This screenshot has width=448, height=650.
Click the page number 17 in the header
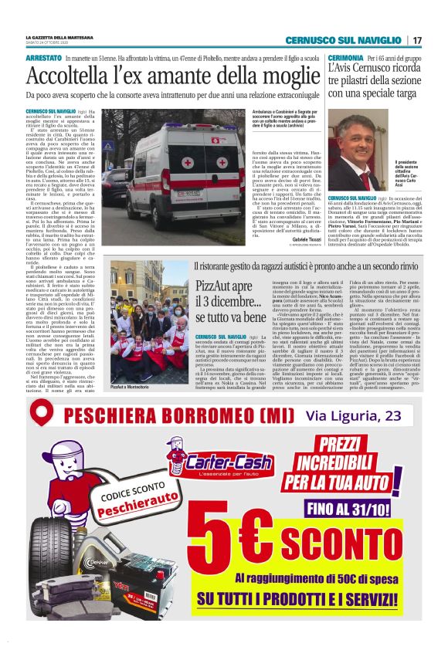point(416,40)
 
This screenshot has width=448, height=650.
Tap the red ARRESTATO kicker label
point(44,58)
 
